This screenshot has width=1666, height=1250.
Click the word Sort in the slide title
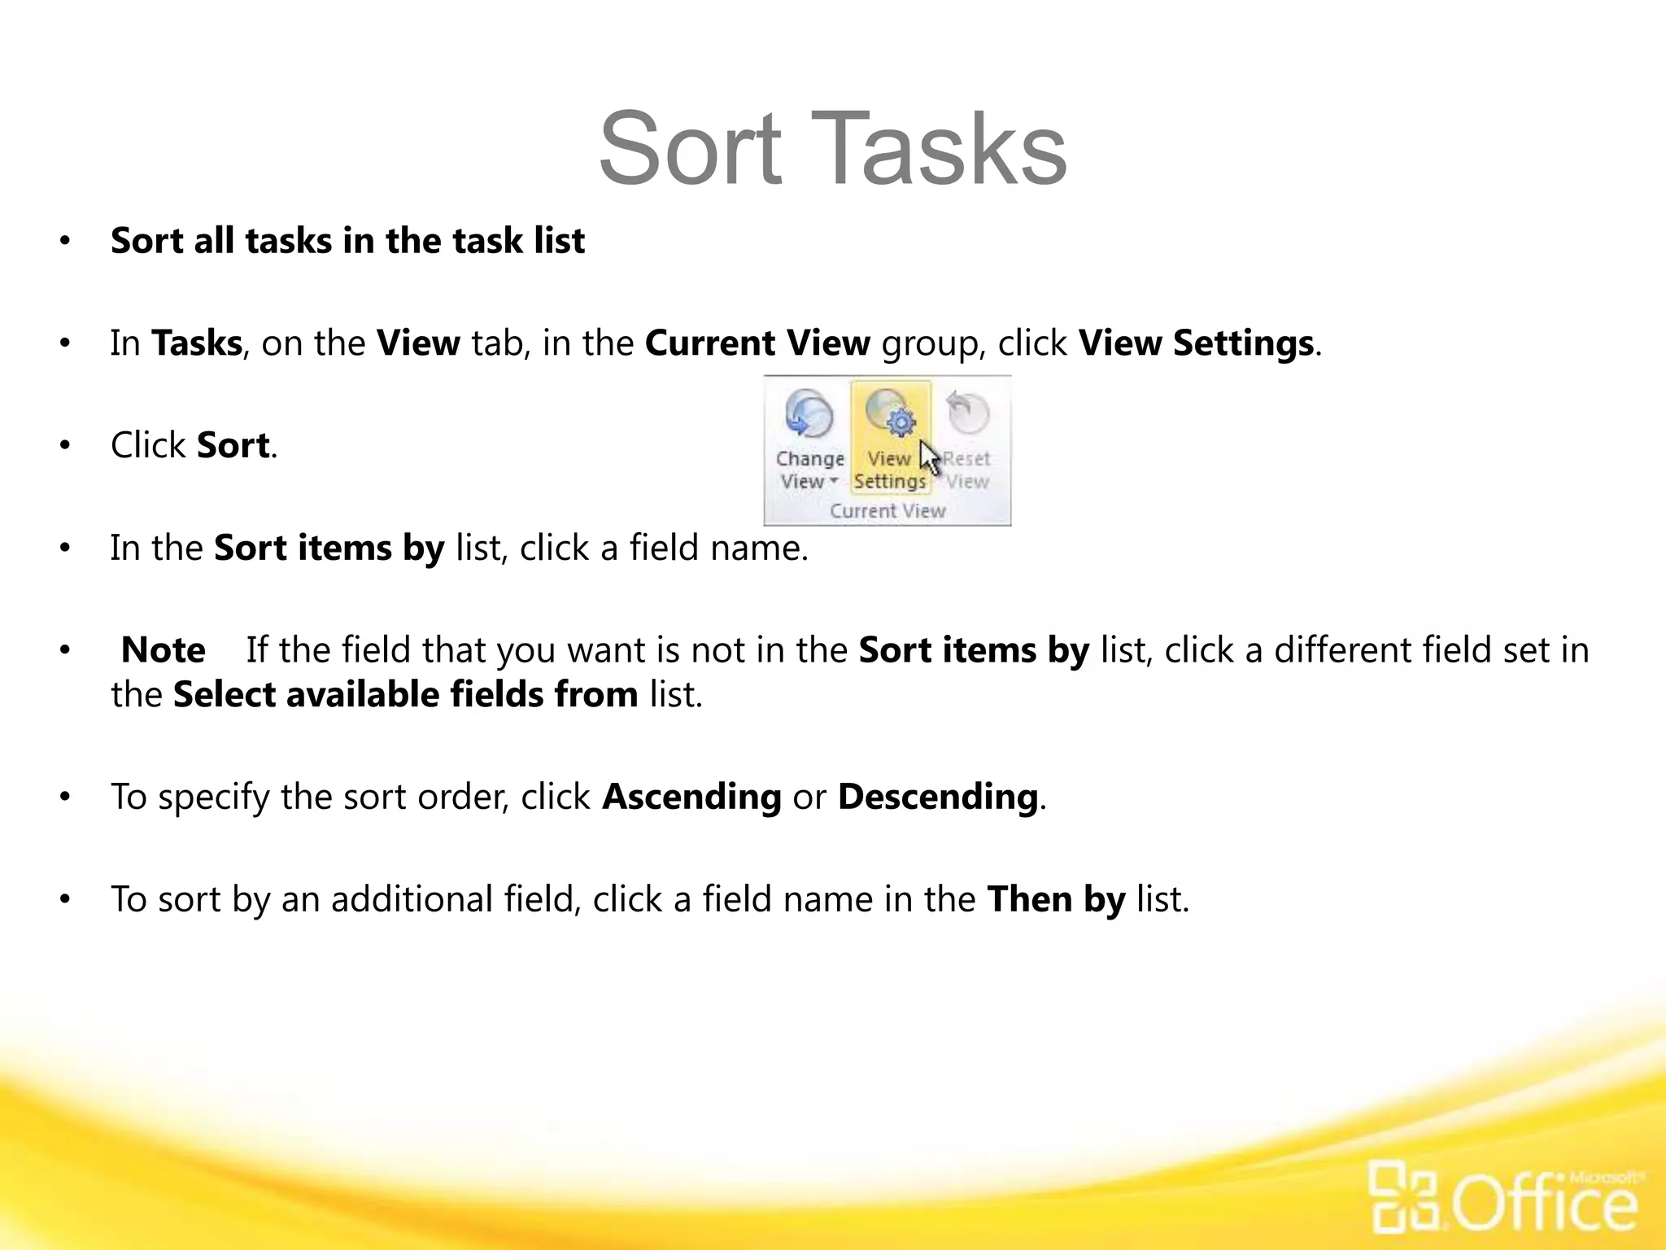[690, 150]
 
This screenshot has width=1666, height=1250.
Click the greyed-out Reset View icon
[968, 413]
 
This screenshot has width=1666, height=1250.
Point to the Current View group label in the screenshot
[888, 511]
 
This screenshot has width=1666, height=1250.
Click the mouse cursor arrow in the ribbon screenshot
[928, 457]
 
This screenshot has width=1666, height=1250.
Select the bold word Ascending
[691, 797]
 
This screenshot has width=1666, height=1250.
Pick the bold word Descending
[938, 797]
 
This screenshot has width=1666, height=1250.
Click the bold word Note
[163, 650]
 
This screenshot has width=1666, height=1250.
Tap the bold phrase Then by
[1056, 899]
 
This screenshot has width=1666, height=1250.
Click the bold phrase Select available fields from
[405, 695]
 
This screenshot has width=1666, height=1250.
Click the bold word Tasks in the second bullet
[197, 343]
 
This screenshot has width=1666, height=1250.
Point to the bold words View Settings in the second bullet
[1196, 343]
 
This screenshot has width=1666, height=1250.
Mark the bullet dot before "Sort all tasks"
[65, 242]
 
